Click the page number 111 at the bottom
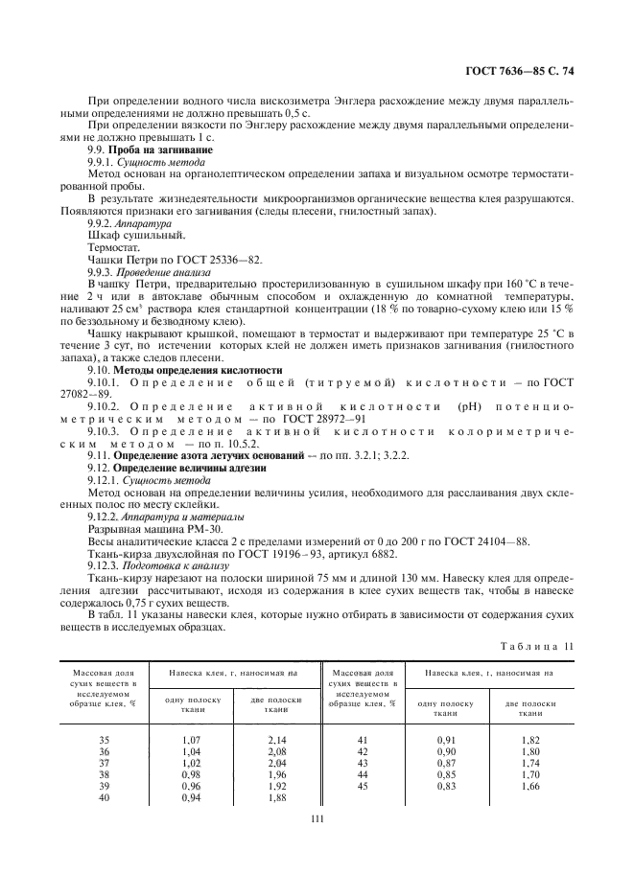tap(317, 817)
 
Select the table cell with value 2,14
tap(278, 740)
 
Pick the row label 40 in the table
tap(106, 797)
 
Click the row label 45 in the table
tap(362, 786)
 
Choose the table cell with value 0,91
tap(447, 740)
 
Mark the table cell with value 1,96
tap(278, 774)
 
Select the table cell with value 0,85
tap(447, 774)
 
